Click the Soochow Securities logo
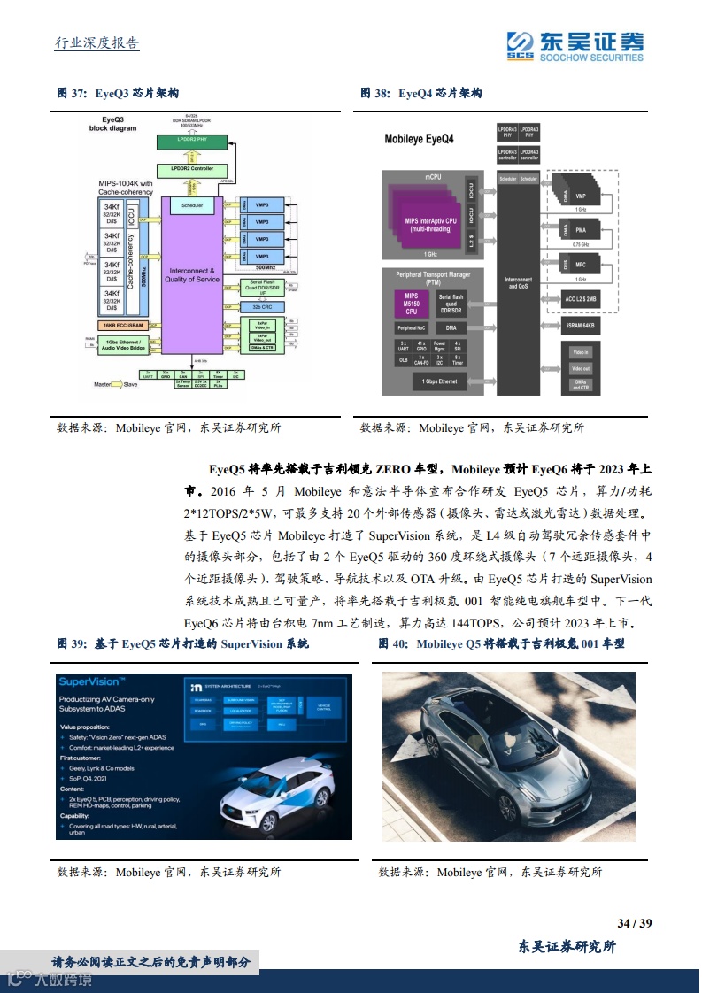pyautogui.click(x=575, y=46)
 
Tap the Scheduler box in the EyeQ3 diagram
pyautogui.click(x=192, y=205)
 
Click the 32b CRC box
pyautogui.click(x=262, y=305)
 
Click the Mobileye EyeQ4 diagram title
pyautogui.click(x=419, y=139)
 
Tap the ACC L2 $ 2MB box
pyautogui.click(x=581, y=298)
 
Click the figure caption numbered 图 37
pyautogui.click(x=119, y=93)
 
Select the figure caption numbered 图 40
pyautogui.click(x=502, y=643)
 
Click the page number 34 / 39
pyautogui.click(x=635, y=923)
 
